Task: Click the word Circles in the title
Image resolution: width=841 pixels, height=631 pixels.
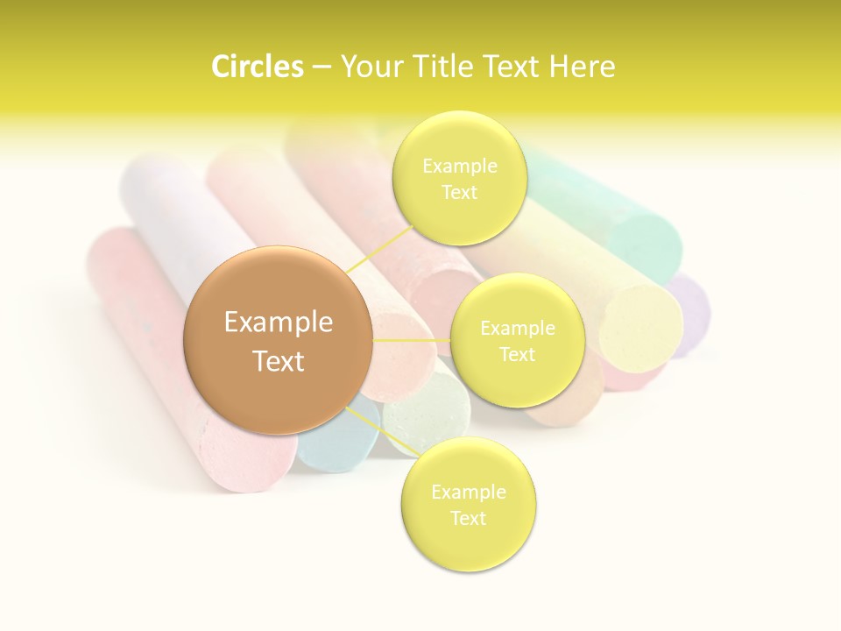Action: tap(257, 67)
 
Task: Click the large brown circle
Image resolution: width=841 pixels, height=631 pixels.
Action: tap(278, 340)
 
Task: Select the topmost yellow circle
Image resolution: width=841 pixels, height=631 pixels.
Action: tap(459, 178)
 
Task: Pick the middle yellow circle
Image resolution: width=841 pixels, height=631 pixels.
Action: tap(517, 340)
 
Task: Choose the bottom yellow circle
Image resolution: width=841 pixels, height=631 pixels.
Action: tap(468, 504)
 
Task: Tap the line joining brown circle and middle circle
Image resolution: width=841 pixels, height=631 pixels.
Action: tap(412, 340)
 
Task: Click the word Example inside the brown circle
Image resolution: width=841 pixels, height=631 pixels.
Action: tap(278, 323)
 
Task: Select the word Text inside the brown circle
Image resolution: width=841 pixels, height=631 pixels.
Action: tap(278, 361)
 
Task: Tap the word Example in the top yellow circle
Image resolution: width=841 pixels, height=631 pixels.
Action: tap(459, 166)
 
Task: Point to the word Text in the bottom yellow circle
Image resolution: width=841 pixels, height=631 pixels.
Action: tap(468, 518)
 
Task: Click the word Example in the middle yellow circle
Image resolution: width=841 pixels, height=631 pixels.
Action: tap(517, 328)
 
